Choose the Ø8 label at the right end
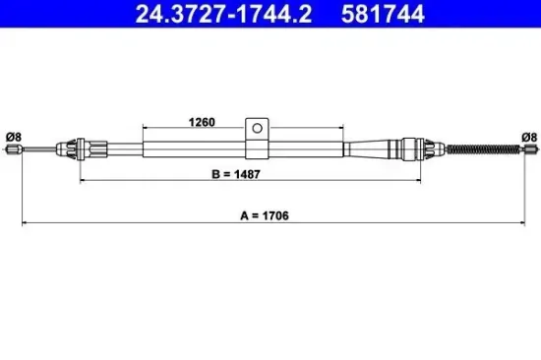(x=527, y=136)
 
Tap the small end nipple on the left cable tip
(x=13, y=150)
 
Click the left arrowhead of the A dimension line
(x=26, y=223)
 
